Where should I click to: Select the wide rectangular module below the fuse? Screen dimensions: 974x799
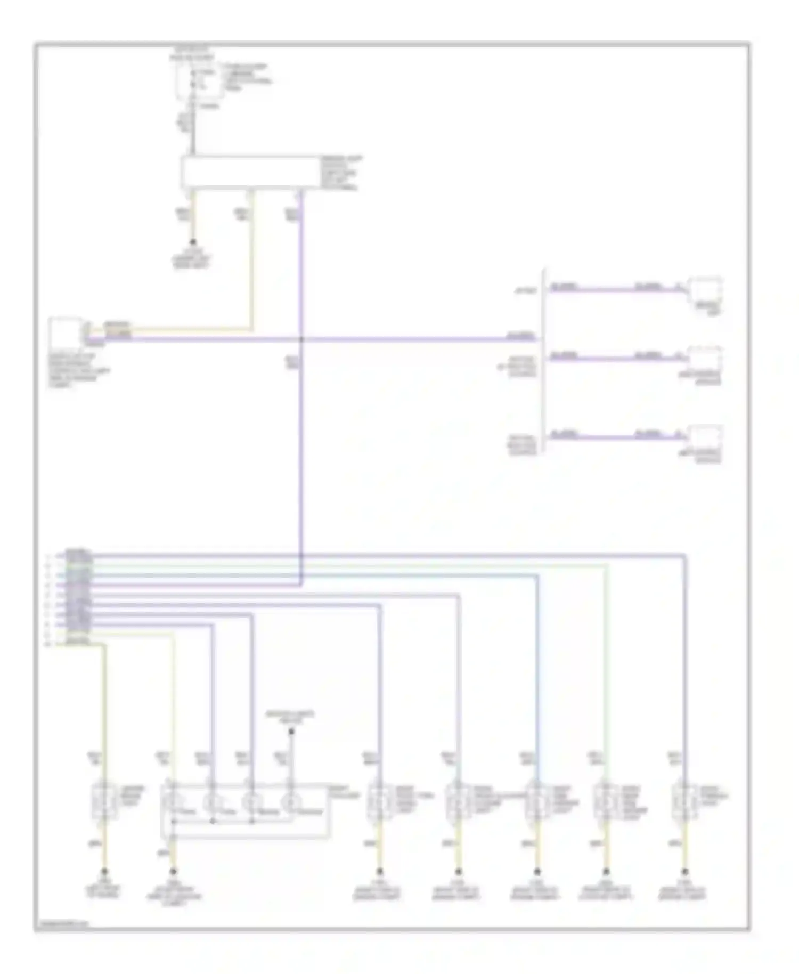(x=251, y=172)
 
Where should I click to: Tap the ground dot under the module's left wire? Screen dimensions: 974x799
(x=193, y=242)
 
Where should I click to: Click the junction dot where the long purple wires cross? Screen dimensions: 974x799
(x=301, y=339)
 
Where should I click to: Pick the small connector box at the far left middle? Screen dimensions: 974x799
(x=64, y=332)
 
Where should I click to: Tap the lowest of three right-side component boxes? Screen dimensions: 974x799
(x=706, y=438)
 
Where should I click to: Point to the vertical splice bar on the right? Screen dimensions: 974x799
(x=544, y=362)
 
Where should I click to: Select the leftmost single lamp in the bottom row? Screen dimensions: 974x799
(x=104, y=801)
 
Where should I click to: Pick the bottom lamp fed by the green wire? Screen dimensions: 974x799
(x=606, y=801)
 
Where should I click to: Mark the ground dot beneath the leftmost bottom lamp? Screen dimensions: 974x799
(x=104, y=872)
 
